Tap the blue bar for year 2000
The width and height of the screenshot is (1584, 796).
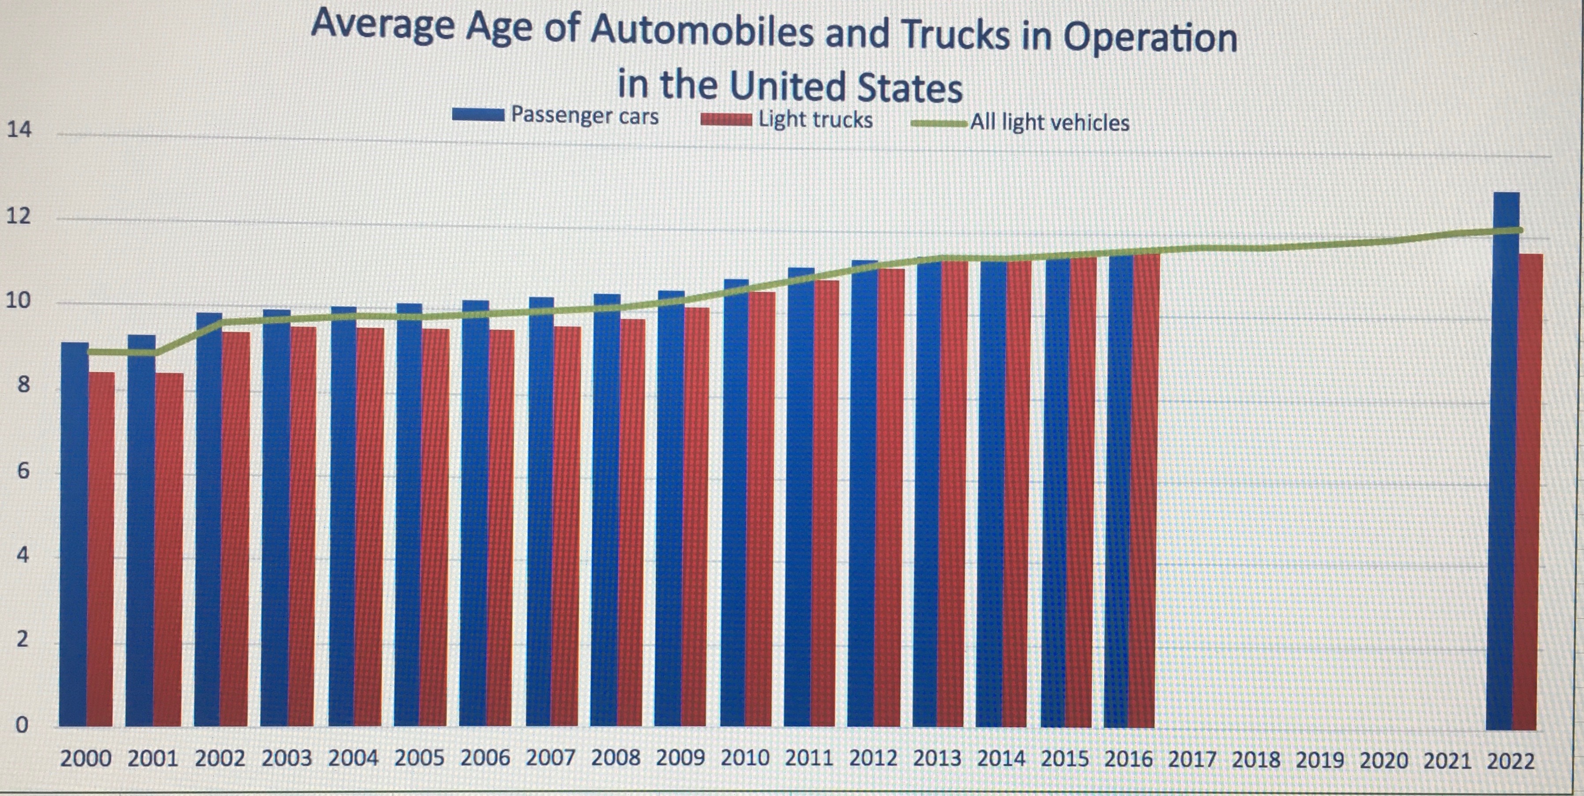click(74, 535)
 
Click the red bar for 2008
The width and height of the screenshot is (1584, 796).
click(631, 523)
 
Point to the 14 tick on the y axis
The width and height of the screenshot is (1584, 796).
click(19, 130)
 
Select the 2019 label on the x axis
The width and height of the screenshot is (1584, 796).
click(1319, 760)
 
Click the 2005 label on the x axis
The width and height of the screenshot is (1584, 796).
click(419, 758)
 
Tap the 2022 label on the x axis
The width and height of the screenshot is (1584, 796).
click(1510, 762)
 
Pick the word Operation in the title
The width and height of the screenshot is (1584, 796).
click(1150, 38)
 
